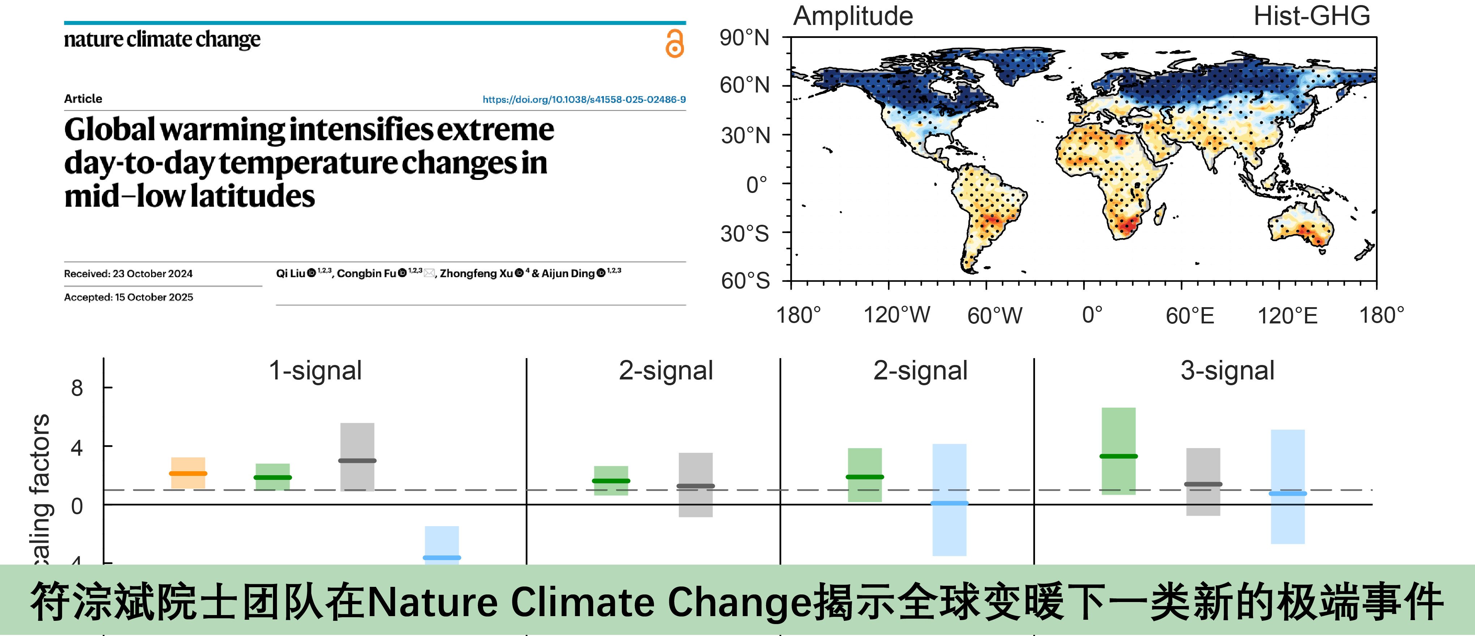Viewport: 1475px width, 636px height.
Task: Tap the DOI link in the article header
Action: tap(584, 100)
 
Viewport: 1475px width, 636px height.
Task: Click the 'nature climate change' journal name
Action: tap(162, 39)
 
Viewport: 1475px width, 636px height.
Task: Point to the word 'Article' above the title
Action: tap(83, 98)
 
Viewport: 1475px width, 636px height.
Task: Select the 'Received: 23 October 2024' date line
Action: tap(128, 274)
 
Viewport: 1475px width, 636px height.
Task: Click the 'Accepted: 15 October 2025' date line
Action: tap(128, 297)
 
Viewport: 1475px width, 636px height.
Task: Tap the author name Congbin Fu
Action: tap(367, 274)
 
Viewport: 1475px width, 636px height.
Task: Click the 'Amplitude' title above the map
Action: tap(852, 16)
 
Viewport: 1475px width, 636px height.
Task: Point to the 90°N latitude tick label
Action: tap(744, 38)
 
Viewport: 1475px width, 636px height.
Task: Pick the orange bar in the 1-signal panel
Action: tap(188, 473)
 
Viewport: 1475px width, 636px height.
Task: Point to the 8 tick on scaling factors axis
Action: tap(77, 389)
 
